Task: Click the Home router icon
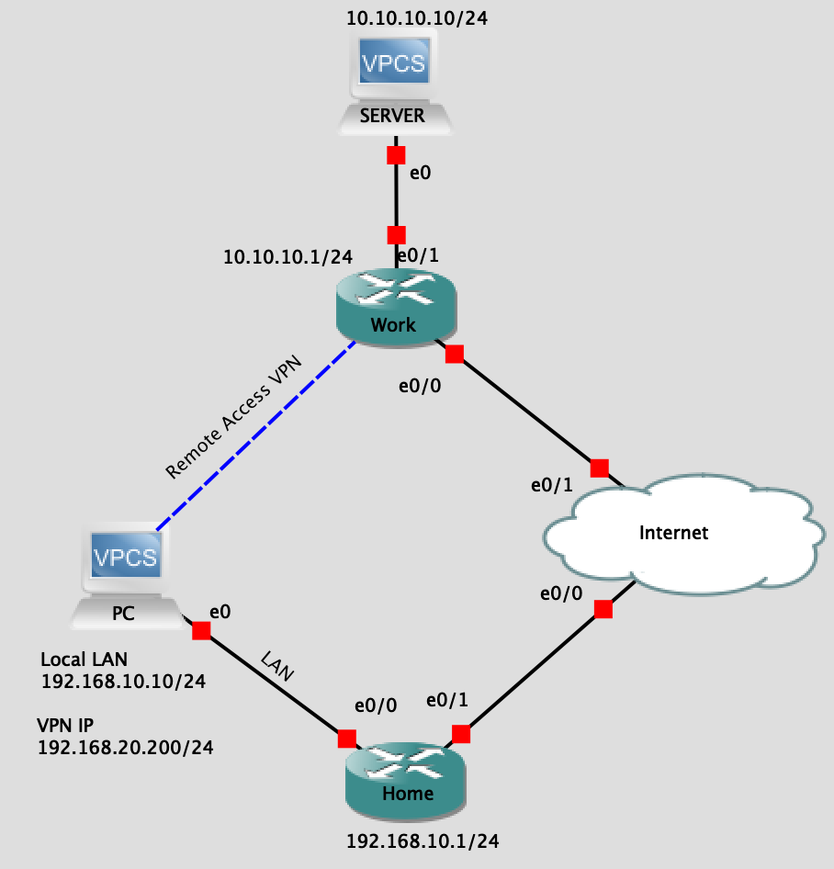[407, 781]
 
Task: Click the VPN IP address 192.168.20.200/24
[125, 748]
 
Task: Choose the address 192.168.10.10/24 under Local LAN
[123, 682]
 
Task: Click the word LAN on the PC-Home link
[276, 667]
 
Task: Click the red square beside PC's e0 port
[200, 630]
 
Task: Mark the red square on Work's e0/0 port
[454, 354]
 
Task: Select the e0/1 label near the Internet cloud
[551, 484]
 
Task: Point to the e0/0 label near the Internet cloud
[560, 593]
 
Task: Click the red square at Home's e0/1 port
[460, 733]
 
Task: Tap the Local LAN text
[85, 659]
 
